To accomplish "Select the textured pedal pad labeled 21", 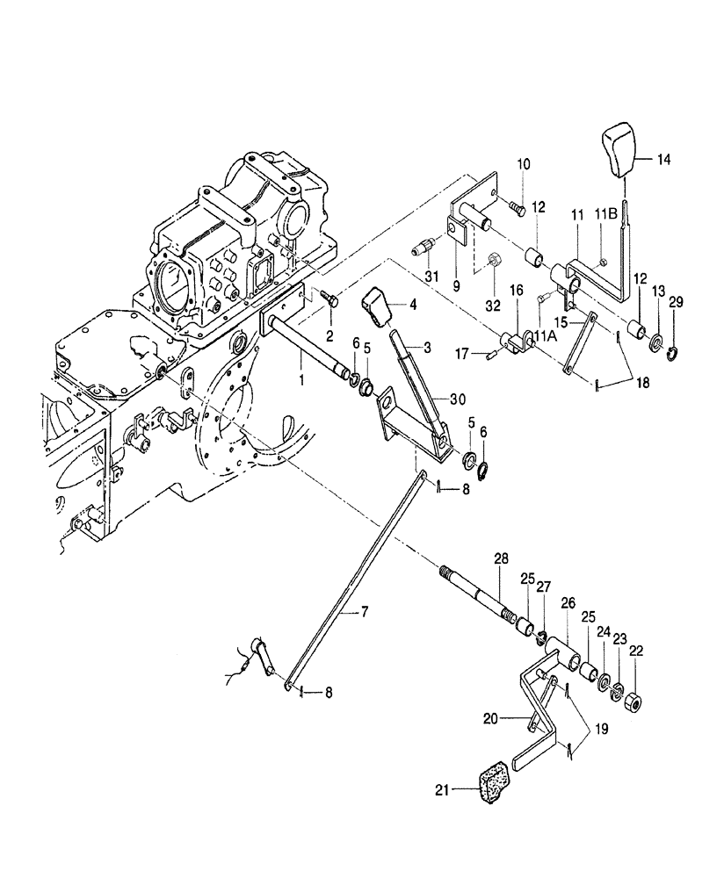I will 493,783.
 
